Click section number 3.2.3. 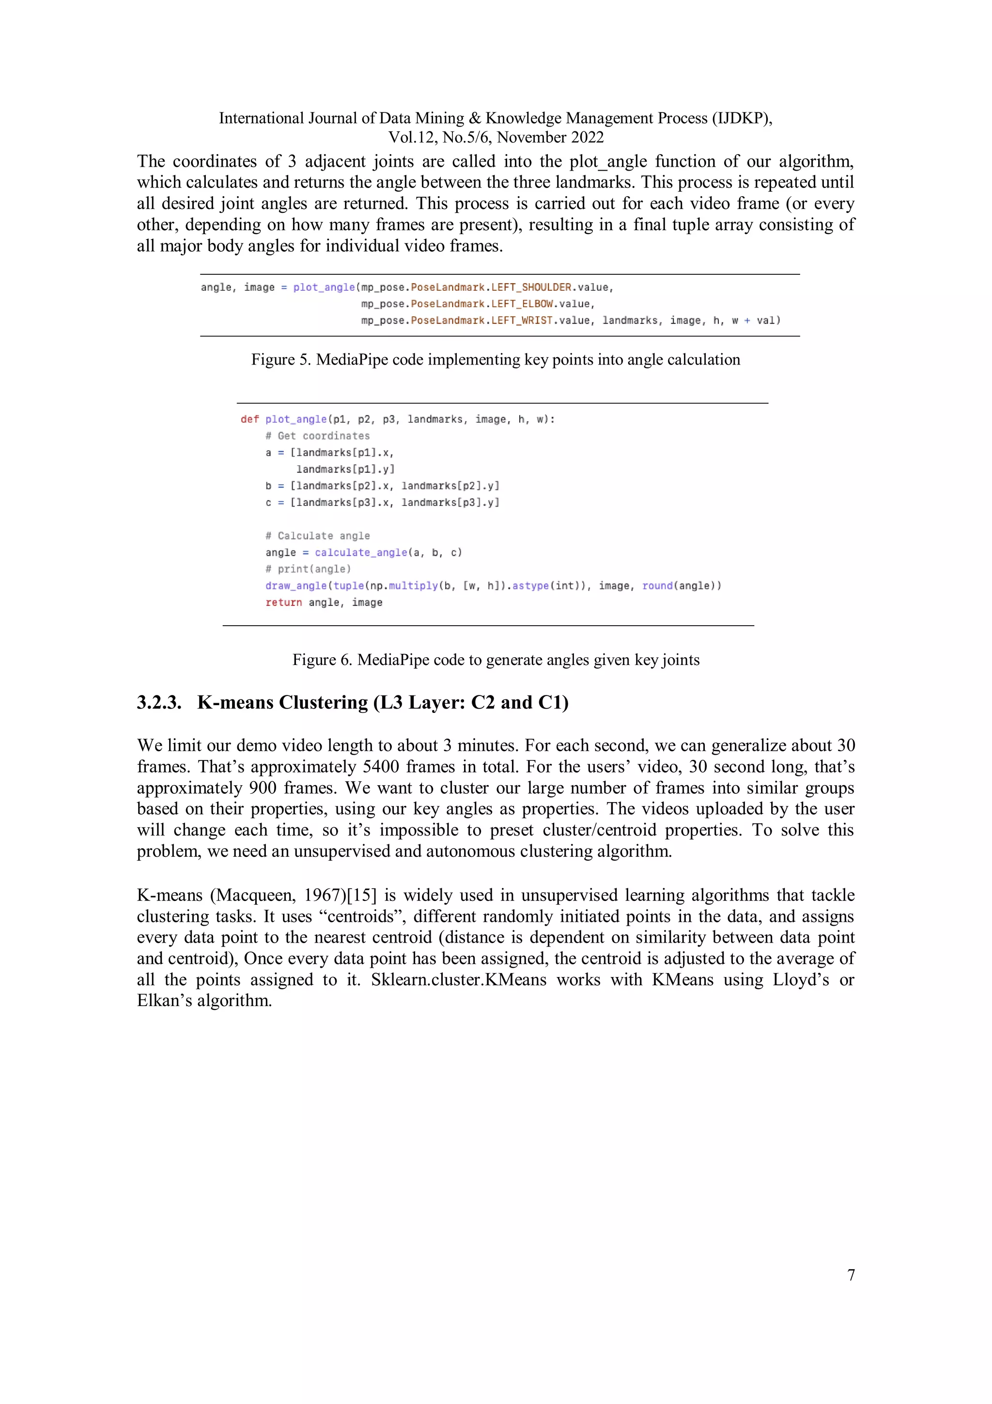coord(159,703)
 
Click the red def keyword coord(249,420)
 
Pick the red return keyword coord(284,602)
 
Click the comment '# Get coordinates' coord(317,436)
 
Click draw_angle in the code coord(296,586)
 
